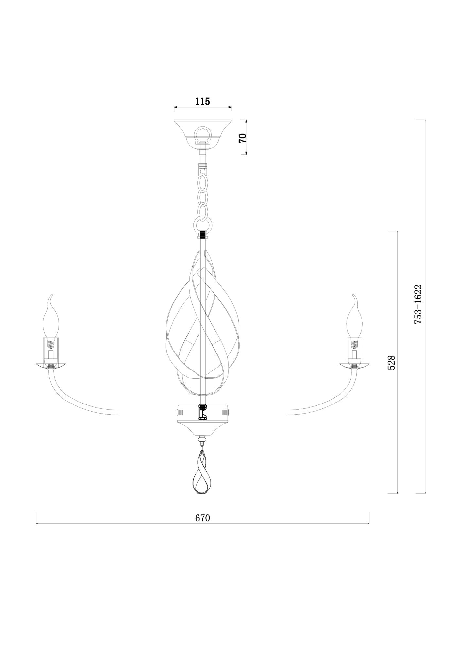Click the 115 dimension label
coord(203,101)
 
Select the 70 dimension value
coord(242,138)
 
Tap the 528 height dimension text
coord(391,362)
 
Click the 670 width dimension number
coord(202,518)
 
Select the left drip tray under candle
coord(51,365)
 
